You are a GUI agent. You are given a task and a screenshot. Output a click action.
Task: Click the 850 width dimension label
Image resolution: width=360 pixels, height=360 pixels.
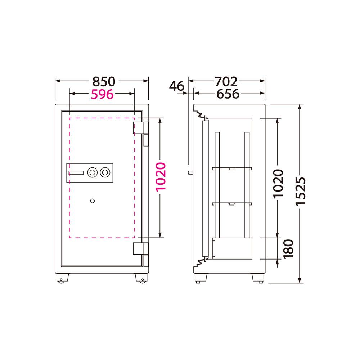click(104, 81)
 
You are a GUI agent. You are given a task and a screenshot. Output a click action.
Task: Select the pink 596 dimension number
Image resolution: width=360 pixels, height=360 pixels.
click(102, 94)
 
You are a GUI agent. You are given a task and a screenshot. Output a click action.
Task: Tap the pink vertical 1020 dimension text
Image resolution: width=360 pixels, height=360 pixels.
click(161, 177)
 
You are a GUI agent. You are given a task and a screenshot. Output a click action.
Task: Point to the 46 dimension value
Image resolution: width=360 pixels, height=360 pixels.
click(176, 86)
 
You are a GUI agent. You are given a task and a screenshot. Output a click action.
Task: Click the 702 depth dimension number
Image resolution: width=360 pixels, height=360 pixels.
click(226, 81)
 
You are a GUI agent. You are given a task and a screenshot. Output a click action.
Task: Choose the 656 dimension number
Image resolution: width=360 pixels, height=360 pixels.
click(228, 94)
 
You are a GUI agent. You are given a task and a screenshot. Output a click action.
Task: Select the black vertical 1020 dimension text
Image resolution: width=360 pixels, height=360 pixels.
click(278, 184)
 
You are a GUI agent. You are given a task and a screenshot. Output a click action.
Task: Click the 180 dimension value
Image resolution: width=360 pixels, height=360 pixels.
click(288, 249)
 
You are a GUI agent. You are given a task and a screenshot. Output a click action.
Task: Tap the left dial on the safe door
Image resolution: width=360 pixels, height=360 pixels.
click(92, 172)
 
